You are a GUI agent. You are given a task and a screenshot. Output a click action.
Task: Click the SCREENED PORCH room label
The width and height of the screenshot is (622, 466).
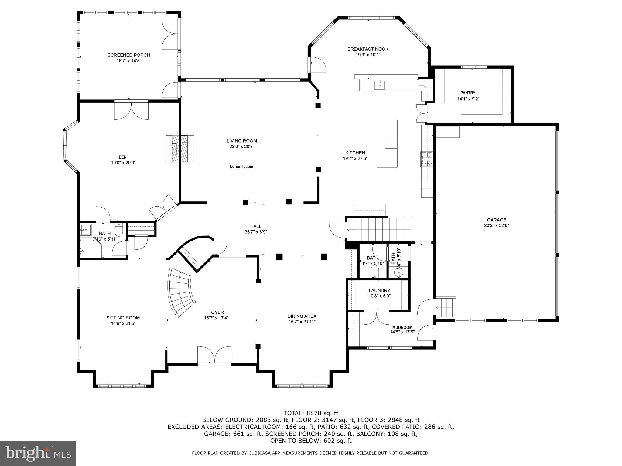click(x=128, y=55)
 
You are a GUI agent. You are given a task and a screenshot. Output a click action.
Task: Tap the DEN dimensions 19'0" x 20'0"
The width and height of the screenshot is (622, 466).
click(x=123, y=163)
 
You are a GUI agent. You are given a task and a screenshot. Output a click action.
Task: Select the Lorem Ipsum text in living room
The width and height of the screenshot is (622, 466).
click(x=241, y=167)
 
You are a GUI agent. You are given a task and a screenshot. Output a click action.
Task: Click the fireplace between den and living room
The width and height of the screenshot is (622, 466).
click(x=179, y=149)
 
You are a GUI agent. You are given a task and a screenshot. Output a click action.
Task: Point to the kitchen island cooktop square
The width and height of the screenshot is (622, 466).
click(x=391, y=142)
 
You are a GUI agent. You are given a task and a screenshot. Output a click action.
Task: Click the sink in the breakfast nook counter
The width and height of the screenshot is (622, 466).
click(x=379, y=85)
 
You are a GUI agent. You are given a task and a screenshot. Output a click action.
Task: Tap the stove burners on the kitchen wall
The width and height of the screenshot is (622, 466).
click(x=426, y=159)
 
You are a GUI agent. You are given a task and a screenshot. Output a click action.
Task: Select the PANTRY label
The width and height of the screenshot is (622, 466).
click(x=468, y=93)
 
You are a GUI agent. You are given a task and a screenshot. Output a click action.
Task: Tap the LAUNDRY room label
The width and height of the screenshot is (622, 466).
click(x=379, y=290)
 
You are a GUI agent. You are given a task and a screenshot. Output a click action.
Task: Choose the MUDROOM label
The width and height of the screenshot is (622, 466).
click(x=402, y=327)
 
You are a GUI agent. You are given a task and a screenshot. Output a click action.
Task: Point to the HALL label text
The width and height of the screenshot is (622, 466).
click(x=255, y=226)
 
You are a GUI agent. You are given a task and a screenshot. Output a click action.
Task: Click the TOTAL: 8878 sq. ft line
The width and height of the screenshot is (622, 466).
click(x=310, y=413)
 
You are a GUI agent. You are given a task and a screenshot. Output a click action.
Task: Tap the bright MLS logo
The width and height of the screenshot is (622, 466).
click(x=38, y=453)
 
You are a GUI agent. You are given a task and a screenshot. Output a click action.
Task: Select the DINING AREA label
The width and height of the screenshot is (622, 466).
click(x=302, y=316)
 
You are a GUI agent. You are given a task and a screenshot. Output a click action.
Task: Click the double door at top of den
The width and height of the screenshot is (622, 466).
click(x=131, y=111)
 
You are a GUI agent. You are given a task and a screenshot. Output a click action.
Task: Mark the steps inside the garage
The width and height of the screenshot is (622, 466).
click(x=445, y=307)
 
